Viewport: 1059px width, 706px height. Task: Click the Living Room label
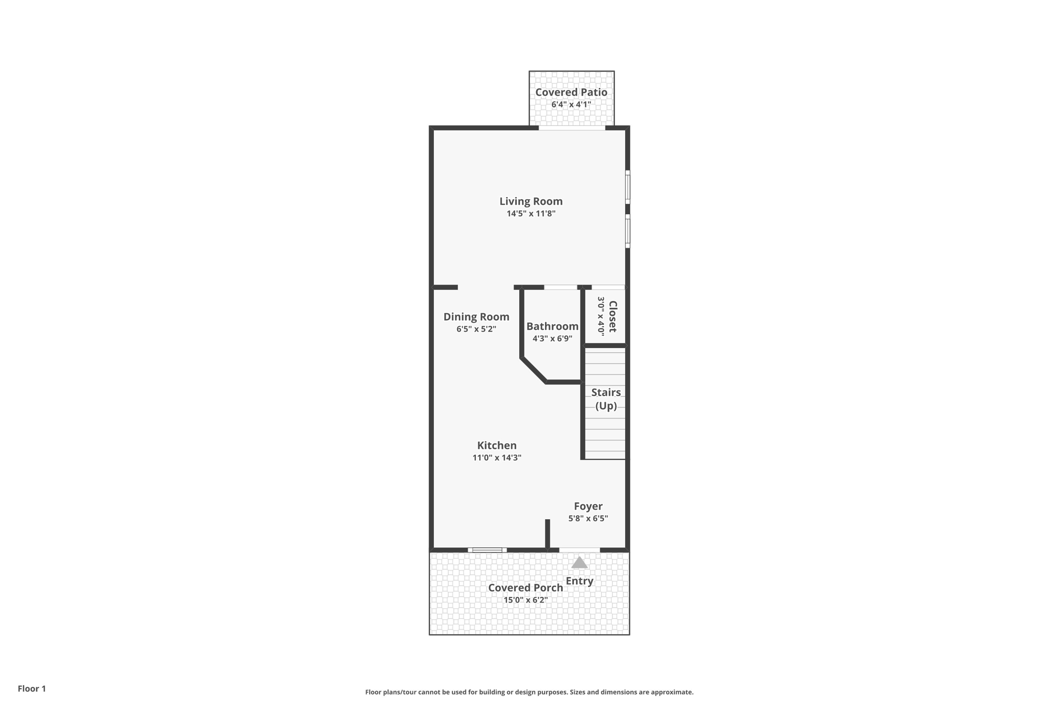point(531,201)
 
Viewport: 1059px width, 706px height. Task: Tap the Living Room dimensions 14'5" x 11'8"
point(531,214)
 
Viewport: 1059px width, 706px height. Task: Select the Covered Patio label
point(571,92)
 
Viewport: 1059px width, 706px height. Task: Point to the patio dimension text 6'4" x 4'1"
point(571,104)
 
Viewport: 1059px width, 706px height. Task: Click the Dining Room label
point(476,317)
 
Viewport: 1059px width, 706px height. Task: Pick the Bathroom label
point(552,326)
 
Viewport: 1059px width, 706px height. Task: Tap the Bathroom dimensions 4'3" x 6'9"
point(552,339)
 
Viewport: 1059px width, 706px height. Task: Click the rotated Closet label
point(613,317)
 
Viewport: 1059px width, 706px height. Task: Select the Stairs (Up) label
point(606,399)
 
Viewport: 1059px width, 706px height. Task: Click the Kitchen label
point(496,445)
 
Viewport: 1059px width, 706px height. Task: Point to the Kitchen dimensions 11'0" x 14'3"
point(496,458)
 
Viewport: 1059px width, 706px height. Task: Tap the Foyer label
point(588,506)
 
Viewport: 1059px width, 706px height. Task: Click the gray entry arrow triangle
point(579,563)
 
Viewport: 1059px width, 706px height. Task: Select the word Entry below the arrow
point(579,581)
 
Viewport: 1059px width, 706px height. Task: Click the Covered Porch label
point(525,588)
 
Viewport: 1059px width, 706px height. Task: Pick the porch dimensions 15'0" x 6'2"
point(525,600)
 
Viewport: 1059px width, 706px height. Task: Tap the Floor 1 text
point(32,688)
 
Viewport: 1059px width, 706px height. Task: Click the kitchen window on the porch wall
point(487,550)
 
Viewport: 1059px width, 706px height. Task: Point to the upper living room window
point(628,187)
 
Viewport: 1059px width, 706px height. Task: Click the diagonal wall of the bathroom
point(534,370)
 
